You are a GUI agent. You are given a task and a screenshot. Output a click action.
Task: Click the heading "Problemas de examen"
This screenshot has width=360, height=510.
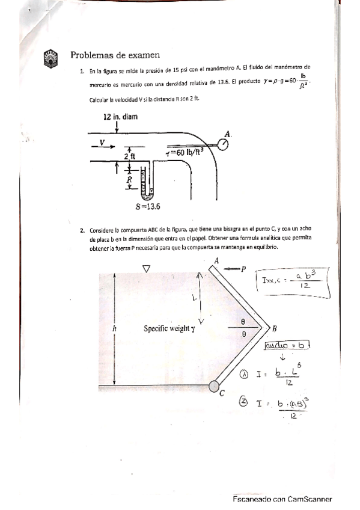pyautogui.click(x=115, y=55)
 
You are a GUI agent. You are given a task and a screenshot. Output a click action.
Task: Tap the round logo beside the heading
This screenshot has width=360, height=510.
pyautogui.click(x=50, y=57)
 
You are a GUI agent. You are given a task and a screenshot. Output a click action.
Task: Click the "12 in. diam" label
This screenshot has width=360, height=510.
pyautogui.click(x=120, y=117)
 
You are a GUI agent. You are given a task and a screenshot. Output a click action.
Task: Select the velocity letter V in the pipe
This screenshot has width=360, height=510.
pyautogui.click(x=102, y=143)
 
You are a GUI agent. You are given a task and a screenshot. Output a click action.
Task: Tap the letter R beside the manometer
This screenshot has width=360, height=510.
pyautogui.click(x=128, y=179)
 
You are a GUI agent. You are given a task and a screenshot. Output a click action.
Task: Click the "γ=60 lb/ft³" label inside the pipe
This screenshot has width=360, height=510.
pyautogui.click(x=186, y=152)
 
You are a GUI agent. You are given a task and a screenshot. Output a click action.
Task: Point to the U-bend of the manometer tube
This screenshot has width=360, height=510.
pyautogui.click(x=146, y=194)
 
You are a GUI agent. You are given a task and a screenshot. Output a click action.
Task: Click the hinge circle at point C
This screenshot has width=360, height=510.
pyautogui.click(x=215, y=386)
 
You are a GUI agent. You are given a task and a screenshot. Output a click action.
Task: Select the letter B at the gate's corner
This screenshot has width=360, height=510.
pyautogui.click(x=275, y=328)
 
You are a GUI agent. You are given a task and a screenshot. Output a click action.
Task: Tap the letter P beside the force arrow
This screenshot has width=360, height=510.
pyautogui.click(x=243, y=268)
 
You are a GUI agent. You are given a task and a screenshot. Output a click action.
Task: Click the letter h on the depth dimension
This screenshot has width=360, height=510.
pyautogui.click(x=114, y=328)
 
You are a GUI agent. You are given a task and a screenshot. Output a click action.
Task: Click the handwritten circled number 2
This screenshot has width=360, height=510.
pyautogui.click(x=244, y=404)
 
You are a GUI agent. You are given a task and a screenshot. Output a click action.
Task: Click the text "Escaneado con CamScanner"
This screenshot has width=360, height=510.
pyautogui.click(x=282, y=499)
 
